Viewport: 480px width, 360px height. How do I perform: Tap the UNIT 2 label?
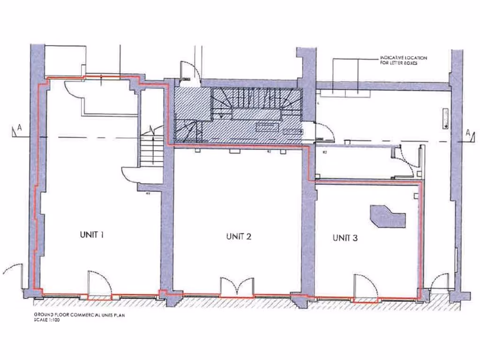click(x=239, y=236)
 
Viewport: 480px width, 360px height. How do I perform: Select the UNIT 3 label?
click(x=345, y=238)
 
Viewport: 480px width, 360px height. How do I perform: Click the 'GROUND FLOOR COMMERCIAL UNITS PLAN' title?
click(x=79, y=315)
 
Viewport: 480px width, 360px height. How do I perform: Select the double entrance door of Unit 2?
click(x=238, y=287)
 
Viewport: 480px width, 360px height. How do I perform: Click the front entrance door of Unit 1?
click(x=99, y=284)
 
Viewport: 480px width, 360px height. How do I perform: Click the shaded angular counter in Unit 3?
click(x=387, y=216)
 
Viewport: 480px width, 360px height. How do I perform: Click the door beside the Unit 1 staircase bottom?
click(x=131, y=175)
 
